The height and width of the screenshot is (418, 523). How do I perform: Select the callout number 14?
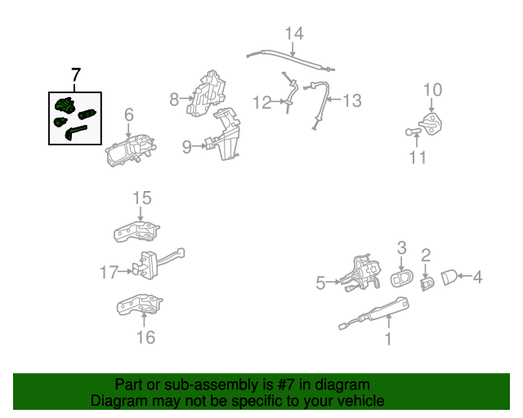click(294, 33)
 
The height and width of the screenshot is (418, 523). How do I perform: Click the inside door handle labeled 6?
click(131, 150)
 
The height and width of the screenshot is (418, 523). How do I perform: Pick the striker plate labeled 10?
click(431, 123)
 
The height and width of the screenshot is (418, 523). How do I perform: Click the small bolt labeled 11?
click(413, 132)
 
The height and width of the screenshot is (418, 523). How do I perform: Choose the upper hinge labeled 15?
click(136, 231)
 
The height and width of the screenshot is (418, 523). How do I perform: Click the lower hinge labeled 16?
click(140, 305)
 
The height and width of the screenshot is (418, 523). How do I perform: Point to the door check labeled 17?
click(158, 264)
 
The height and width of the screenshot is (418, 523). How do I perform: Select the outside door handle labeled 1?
click(374, 313)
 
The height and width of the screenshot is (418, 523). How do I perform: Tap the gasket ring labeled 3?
click(401, 278)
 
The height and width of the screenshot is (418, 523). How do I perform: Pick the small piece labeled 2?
click(427, 283)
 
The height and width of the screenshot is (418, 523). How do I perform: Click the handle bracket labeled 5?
click(361, 273)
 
